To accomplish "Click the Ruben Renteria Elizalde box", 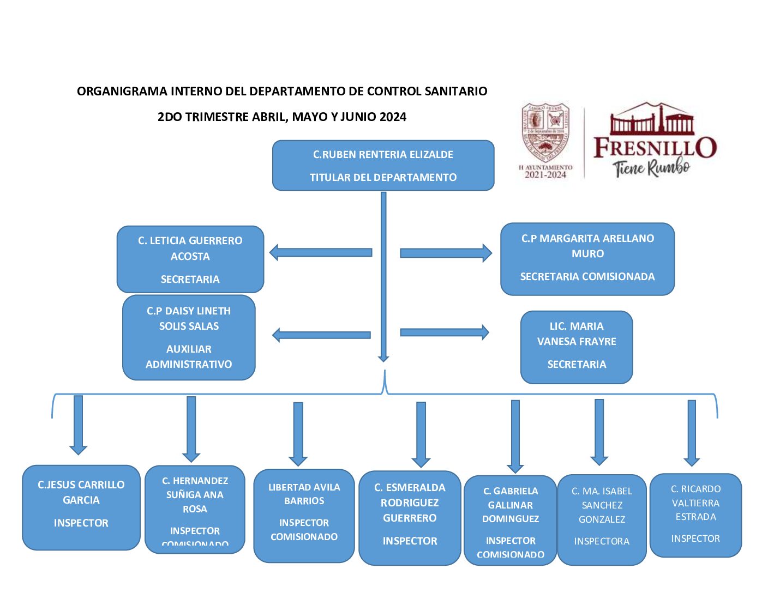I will coord(383,166).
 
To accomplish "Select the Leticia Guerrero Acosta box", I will coord(190,259).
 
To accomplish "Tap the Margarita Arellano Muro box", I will coord(587,259).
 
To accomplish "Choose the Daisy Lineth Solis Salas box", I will coord(189,337).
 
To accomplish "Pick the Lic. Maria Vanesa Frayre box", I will coord(577,347).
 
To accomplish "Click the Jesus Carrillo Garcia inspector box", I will coord(81,507).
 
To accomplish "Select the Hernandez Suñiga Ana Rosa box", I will coord(195,509).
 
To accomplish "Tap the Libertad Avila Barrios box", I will coord(304,515).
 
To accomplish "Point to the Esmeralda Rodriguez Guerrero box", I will coord(410,518).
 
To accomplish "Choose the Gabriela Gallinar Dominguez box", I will coord(511,520).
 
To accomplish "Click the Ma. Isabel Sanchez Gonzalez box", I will coord(602,519).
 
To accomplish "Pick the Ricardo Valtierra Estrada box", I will coord(695,515).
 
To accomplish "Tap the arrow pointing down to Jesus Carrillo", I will coord(78,425).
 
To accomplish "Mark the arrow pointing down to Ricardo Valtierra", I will coord(692,433).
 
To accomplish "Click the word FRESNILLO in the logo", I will coord(655,148).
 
